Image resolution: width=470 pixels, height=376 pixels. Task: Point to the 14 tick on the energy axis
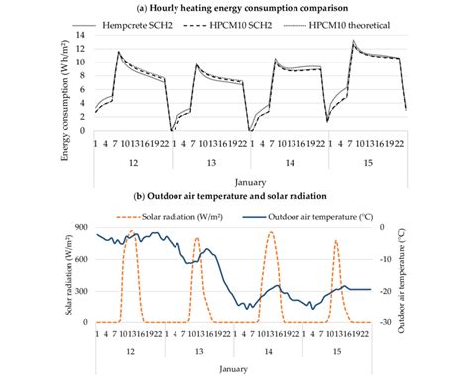84,35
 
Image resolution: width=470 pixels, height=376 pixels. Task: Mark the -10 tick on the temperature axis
393,258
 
